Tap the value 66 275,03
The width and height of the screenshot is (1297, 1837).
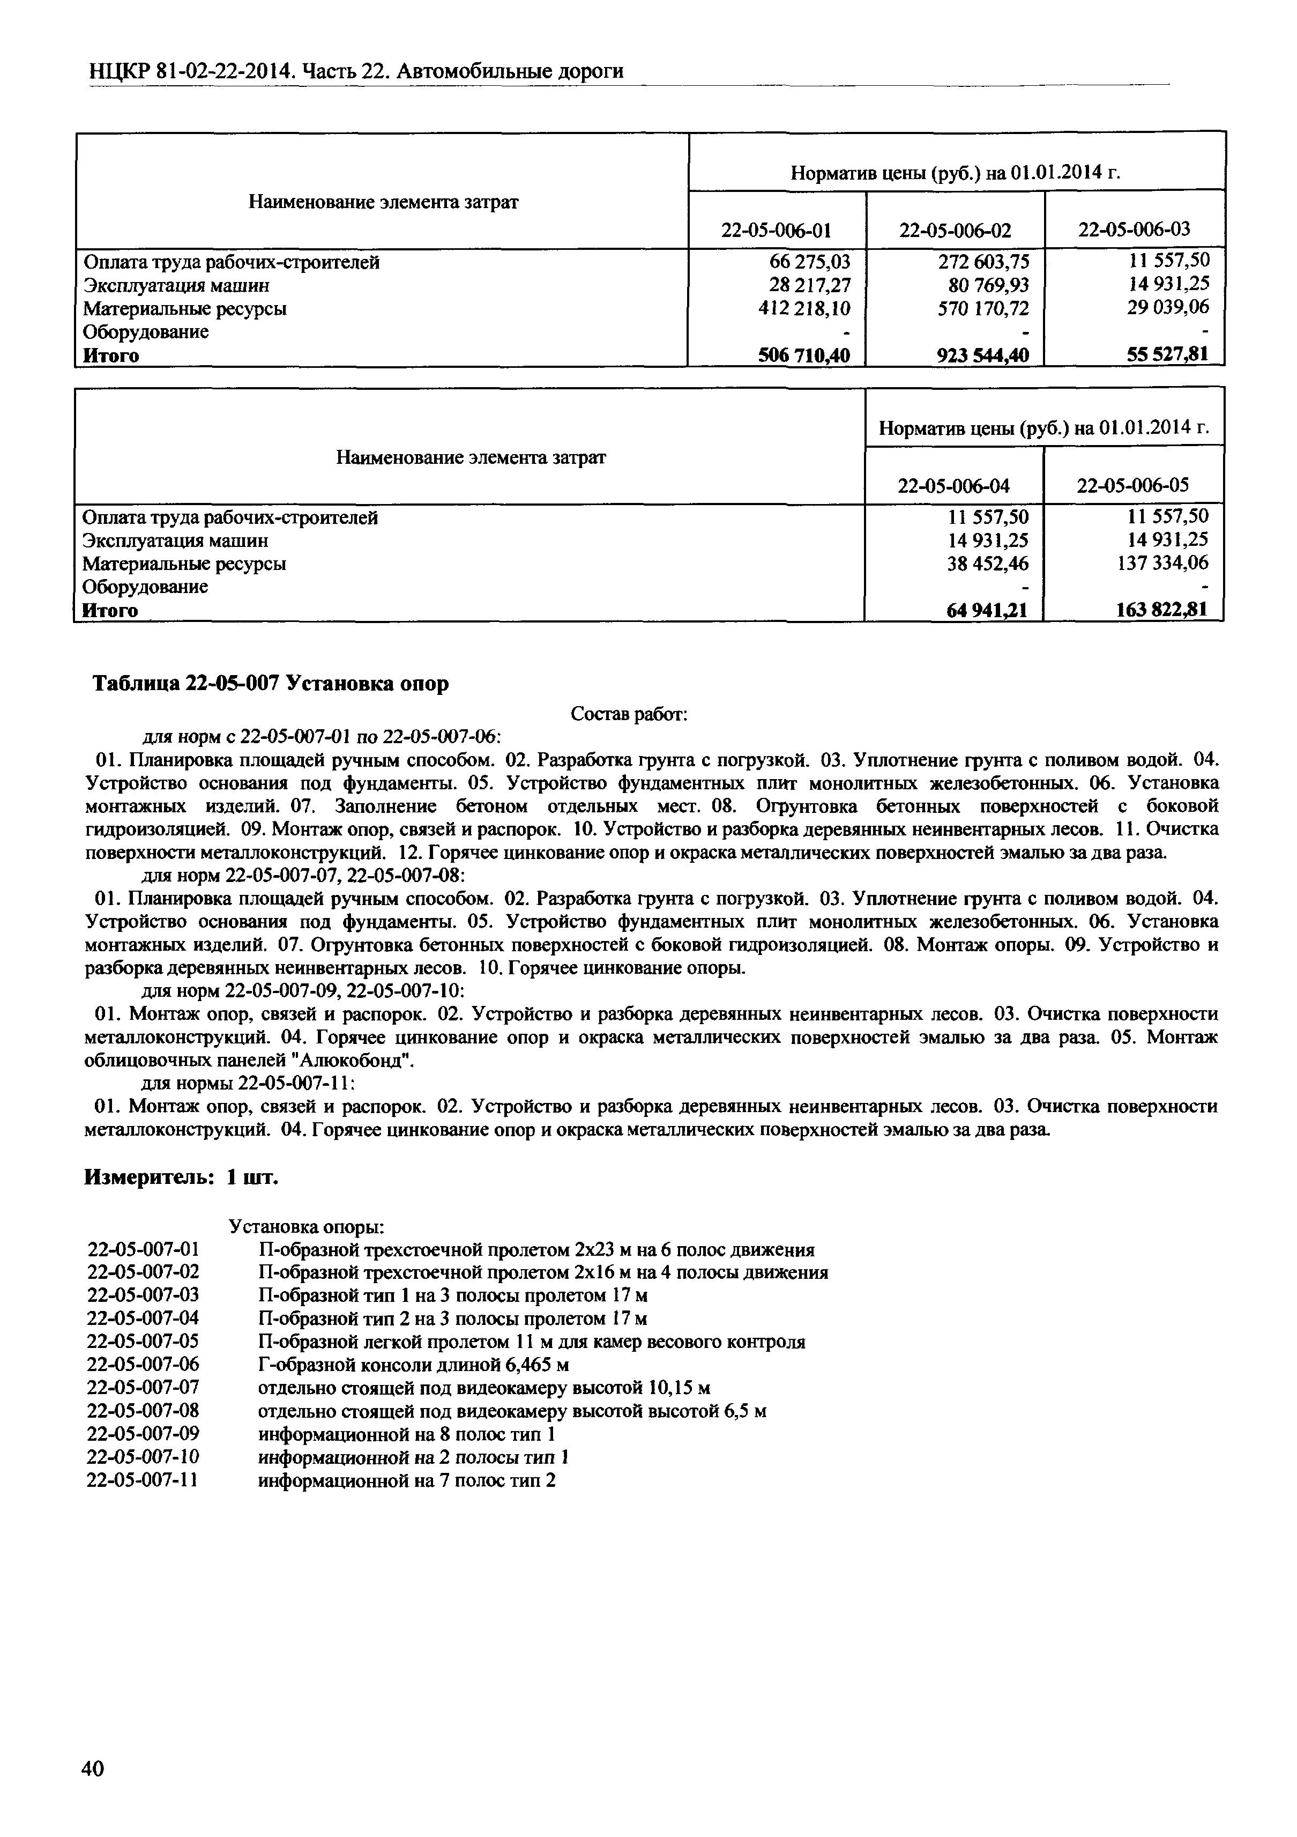[806, 262]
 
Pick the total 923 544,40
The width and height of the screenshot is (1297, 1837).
[983, 355]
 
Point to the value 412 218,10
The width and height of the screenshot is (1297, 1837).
[804, 308]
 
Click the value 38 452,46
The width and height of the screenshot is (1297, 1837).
[988, 563]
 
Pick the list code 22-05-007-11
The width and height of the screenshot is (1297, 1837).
[143, 1480]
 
